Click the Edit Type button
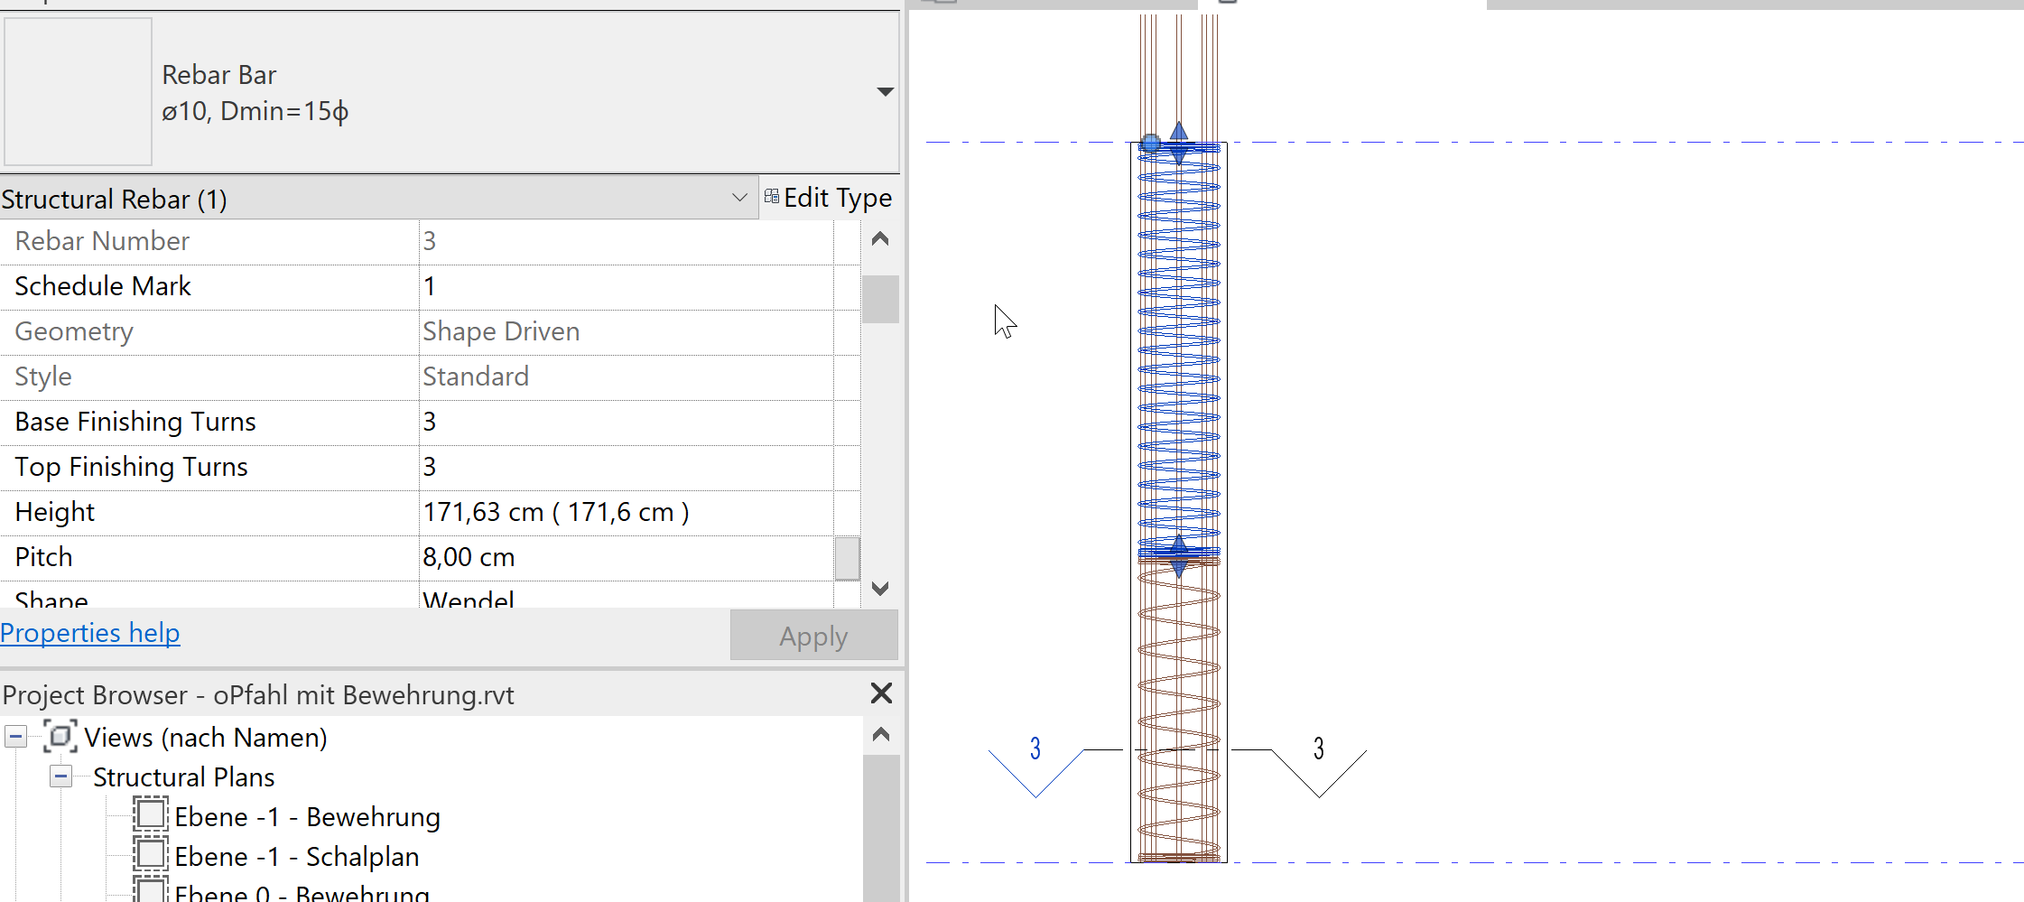828,198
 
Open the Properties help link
90,633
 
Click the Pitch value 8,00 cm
469,557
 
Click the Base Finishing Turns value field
623,422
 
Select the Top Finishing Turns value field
623,467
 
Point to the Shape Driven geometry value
501,331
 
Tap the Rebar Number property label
102,241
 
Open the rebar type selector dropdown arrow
885,91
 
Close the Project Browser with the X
881,693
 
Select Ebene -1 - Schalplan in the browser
296,856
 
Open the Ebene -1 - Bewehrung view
307,817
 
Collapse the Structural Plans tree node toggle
60,776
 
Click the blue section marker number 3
1035,749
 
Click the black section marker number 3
1319,749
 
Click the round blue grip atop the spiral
1150,143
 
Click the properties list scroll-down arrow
880,589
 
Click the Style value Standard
476,377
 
